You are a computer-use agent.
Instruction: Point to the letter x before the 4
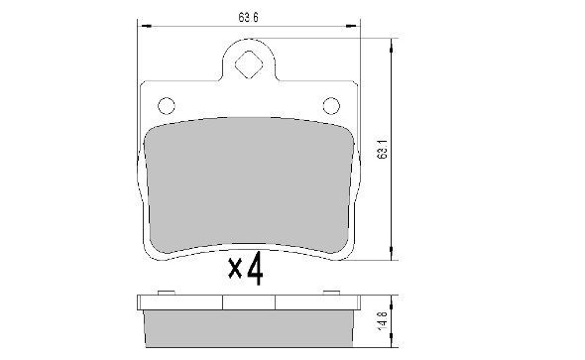(x=235, y=269)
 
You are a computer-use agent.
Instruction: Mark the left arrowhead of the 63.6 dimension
(x=140, y=26)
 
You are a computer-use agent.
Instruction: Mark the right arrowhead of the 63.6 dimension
(x=357, y=26)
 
